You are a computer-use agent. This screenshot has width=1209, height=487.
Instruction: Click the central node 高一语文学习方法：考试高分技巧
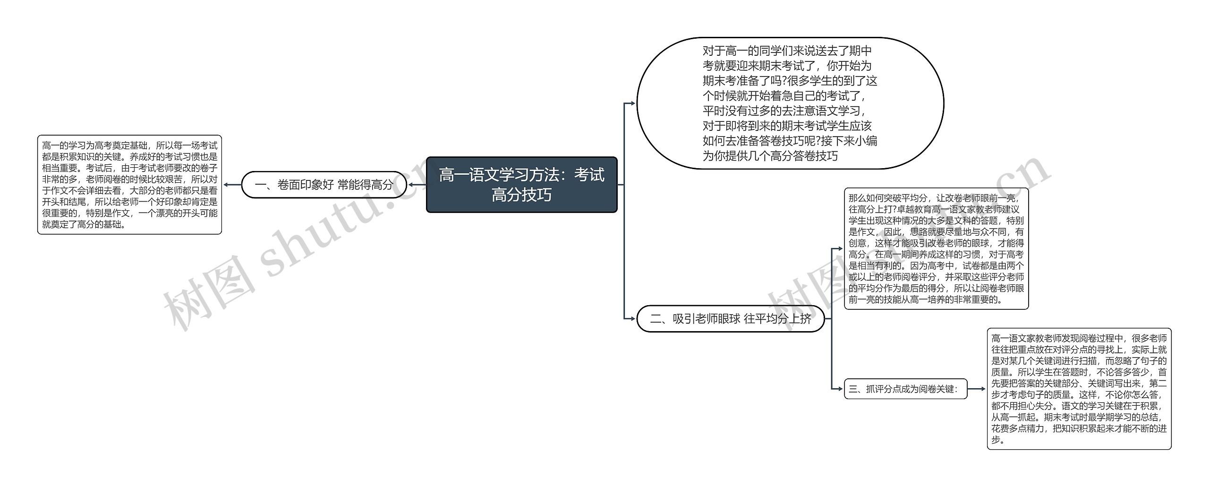tap(521, 185)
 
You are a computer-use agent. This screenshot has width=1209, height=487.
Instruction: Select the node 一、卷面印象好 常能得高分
tap(324, 185)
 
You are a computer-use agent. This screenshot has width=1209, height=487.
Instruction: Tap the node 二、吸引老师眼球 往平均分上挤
tap(730, 319)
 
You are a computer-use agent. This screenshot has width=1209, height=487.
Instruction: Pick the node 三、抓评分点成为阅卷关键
tap(905, 389)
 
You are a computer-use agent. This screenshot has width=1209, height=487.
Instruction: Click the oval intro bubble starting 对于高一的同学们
tap(790, 103)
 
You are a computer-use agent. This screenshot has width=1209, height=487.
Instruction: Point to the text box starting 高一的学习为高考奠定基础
tap(129, 185)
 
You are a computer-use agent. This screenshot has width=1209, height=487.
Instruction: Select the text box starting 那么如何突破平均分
tap(936, 248)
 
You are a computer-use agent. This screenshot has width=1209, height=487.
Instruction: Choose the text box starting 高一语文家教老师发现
tap(1079, 389)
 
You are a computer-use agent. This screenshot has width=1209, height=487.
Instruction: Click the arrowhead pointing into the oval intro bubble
tap(633, 103)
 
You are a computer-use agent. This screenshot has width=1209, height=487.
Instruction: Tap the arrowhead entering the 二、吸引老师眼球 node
tap(633, 319)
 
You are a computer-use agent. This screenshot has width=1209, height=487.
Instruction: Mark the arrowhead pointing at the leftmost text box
tap(226, 185)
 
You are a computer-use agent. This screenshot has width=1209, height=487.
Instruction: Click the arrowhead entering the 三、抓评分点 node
tap(841, 389)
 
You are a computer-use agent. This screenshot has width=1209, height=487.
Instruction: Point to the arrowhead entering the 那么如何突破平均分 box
tap(841, 248)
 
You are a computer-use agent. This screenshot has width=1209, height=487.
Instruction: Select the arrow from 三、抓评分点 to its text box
tap(977, 389)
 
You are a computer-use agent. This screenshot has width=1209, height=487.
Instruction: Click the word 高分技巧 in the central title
tap(521, 195)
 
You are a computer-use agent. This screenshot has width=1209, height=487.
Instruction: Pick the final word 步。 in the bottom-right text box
tap(997, 440)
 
